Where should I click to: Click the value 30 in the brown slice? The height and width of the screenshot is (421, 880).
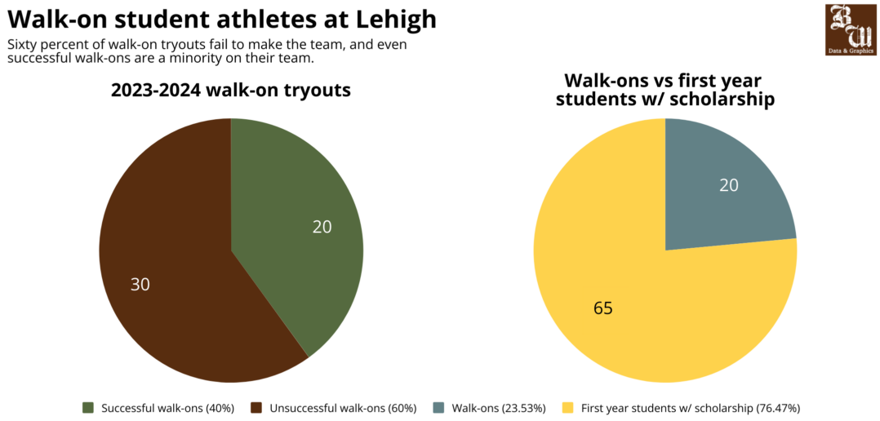pyautogui.click(x=140, y=284)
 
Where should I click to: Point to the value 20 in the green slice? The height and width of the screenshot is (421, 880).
pyautogui.click(x=322, y=226)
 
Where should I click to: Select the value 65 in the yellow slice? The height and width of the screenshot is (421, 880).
pyautogui.click(x=602, y=308)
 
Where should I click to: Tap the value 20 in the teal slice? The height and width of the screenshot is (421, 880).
pyautogui.click(x=728, y=185)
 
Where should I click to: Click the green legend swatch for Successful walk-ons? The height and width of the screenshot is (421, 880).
pyautogui.click(x=88, y=407)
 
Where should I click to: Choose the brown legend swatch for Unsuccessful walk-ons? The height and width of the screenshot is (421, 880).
pyautogui.click(x=256, y=407)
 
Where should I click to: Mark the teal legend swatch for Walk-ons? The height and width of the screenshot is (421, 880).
pyautogui.click(x=438, y=407)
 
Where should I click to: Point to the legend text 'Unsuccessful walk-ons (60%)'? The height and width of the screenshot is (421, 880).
pyautogui.click(x=343, y=407)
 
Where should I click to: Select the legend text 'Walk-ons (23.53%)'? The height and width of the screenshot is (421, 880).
pyautogui.click(x=499, y=407)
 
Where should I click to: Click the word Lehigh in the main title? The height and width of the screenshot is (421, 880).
pyautogui.click(x=389, y=19)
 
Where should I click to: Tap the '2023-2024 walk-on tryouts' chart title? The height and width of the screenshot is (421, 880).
pyautogui.click(x=231, y=90)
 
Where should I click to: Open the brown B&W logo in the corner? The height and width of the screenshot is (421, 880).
pyautogui.click(x=851, y=29)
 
